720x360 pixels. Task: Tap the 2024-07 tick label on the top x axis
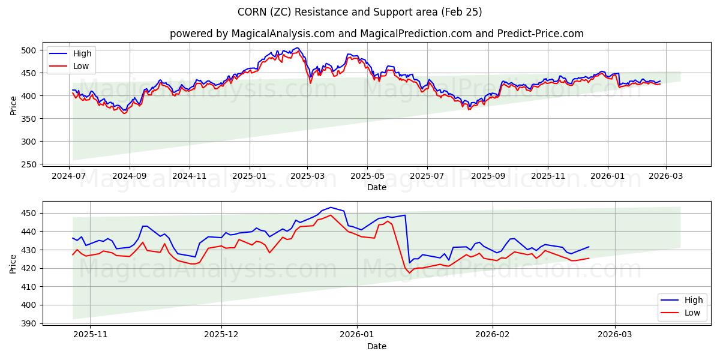[x=69, y=176]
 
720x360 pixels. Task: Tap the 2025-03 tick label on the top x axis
[x=307, y=176]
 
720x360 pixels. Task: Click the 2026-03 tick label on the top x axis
[x=665, y=176]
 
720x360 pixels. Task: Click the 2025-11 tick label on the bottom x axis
[x=89, y=335]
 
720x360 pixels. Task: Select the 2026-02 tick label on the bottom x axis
[x=493, y=335]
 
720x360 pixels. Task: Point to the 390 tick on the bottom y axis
[x=29, y=323]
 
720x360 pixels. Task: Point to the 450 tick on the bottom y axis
[x=29, y=213]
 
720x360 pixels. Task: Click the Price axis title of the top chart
[x=13, y=106]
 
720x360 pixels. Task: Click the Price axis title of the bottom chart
[x=13, y=264]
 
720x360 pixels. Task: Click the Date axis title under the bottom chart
[x=376, y=346]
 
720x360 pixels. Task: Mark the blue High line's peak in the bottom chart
[x=330, y=208]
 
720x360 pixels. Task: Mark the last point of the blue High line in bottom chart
[x=589, y=247]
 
